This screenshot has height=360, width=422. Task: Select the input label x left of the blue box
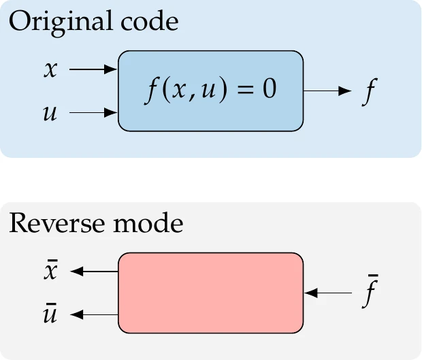click(50, 69)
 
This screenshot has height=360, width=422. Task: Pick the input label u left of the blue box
click(50, 113)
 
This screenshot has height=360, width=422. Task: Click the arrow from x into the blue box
click(94, 69)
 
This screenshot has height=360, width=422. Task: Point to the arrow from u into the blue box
click(94, 113)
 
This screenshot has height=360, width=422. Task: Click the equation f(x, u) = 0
click(210, 91)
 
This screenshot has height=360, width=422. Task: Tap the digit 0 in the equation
click(270, 91)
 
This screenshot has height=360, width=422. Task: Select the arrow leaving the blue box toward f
click(327, 91)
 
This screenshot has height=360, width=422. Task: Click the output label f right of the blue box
click(368, 92)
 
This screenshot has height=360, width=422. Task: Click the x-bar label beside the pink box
click(50, 271)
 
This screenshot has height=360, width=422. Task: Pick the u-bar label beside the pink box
click(50, 314)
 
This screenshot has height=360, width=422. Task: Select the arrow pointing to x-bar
click(95, 272)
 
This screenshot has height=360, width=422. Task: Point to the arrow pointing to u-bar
click(95, 314)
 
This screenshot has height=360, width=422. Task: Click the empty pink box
click(210, 293)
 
